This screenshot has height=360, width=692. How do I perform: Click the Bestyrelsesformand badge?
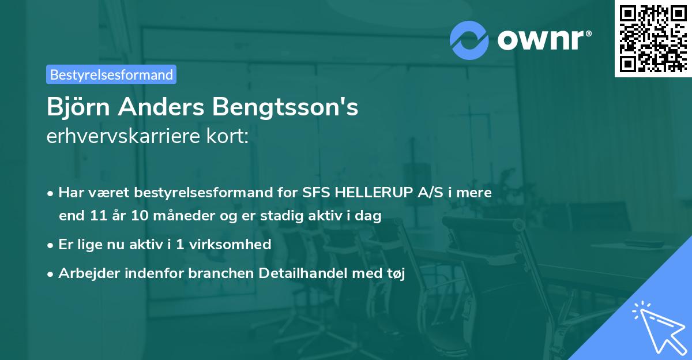point(111,74)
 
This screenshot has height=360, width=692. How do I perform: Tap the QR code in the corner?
point(653,38)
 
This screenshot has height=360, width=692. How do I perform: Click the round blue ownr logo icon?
point(469,40)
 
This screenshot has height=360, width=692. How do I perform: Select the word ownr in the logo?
point(543,40)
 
